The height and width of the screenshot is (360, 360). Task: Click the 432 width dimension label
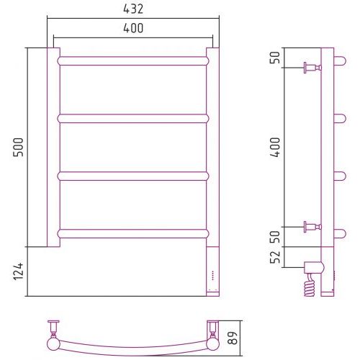tap(133, 9)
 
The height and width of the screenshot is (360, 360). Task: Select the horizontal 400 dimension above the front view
tap(133, 28)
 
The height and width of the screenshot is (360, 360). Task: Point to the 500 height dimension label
tap(18, 147)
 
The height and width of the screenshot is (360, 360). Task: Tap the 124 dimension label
tap(19, 271)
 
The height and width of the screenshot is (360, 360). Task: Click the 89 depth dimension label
tap(233, 338)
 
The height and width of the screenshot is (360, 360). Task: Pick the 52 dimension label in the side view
tap(275, 257)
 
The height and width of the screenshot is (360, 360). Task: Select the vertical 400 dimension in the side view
tap(275, 147)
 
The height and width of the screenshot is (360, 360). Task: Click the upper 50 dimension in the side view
tap(275, 58)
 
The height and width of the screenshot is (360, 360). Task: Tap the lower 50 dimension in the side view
tap(275, 237)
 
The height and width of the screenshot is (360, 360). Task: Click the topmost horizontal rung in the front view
tap(133, 61)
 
